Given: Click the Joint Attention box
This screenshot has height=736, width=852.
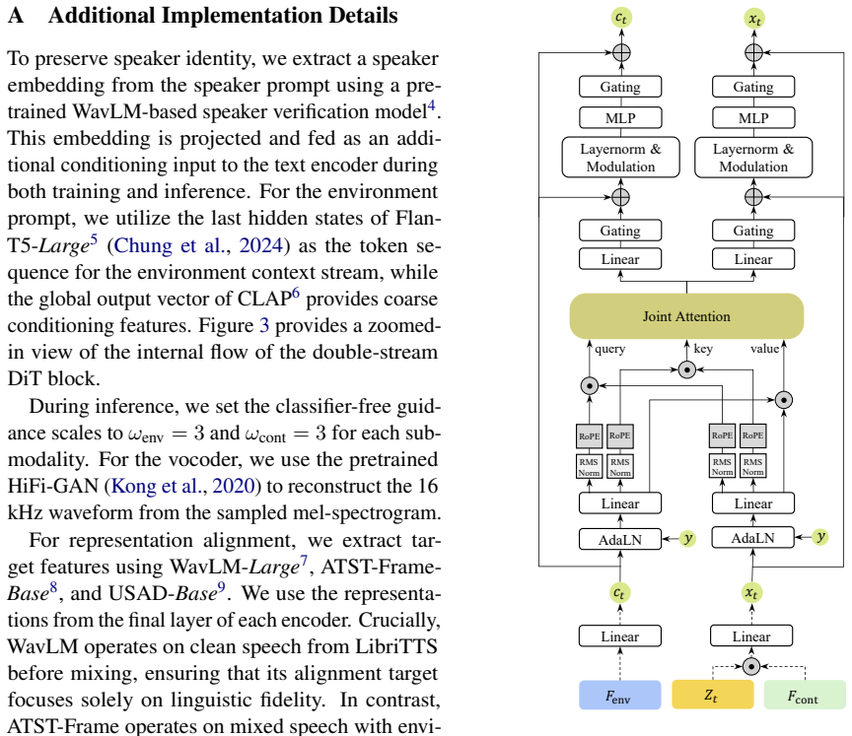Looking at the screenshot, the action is pyautogui.click(x=686, y=316).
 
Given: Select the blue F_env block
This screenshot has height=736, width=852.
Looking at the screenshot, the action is pyautogui.click(x=620, y=695).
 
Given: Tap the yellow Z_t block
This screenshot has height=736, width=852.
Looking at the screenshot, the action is pyautogui.click(x=712, y=695).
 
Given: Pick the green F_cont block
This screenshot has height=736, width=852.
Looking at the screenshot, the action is pyautogui.click(x=805, y=695).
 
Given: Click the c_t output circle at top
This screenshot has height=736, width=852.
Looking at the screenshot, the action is pyautogui.click(x=621, y=18).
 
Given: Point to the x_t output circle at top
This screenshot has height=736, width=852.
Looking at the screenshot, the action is pyautogui.click(x=754, y=19).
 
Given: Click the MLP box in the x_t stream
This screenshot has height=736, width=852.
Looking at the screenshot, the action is pyautogui.click(x=753, y=118).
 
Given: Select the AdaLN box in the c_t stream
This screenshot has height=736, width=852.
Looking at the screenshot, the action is pyautogui.click(x=620, y=540).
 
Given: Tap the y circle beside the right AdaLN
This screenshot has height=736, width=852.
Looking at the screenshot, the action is pyautogui.click(x=820, y=537).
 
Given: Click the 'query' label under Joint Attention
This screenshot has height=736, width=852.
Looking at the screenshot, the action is pyautogui.click(x=609, y=349).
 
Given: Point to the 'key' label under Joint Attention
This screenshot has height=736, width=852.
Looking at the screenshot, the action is pyautogui.click(x=703, y=349).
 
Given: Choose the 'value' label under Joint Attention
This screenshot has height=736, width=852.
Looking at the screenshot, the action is pyautogui.click(x=764, y=349).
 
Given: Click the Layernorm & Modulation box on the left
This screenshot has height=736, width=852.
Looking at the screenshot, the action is pyautogui.click(x=620, y=158).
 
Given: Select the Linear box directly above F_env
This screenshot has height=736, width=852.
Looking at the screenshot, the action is pyautogui.click(x=620, y=636).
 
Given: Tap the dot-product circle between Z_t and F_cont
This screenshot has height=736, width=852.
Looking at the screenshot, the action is pyautogui.click(x=751, y=666).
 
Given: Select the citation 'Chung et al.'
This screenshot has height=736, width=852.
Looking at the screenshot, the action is pyautogui.click(x=173, y=245).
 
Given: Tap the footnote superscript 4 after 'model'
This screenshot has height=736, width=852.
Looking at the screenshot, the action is pyautogui.click(x=432, y=104).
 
